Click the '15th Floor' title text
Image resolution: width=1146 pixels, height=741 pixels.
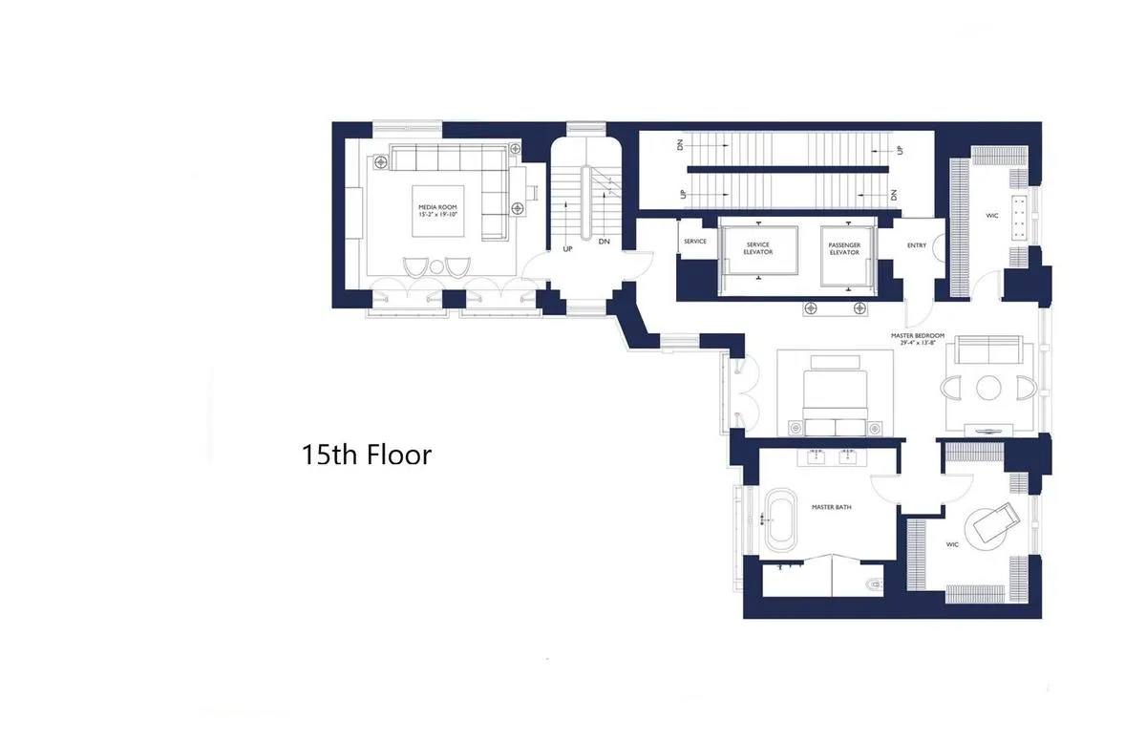tap(367, 455)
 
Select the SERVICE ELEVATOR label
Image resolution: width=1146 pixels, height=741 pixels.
tap(757, 249)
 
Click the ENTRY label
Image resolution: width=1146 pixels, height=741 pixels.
tap(916, 245)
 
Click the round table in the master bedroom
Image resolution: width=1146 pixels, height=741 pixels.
tap(987, 387)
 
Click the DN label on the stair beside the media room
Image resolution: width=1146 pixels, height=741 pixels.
tap(604, 243)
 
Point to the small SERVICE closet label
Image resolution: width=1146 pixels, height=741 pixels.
tap(695, 242)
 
